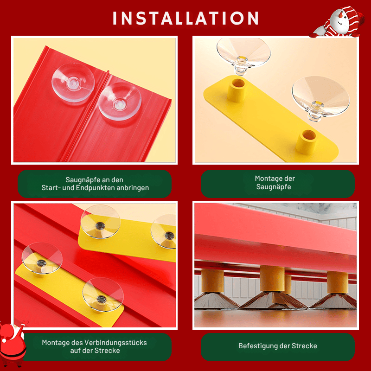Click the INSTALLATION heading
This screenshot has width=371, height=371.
pyautogui.click(x=185, y=18)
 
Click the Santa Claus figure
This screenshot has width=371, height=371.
pyautogui.click(x=13, y=343)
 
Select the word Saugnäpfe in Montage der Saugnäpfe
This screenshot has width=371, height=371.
pyautogui.click(x=274, y=187)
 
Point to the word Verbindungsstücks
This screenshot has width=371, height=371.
pyautogui.click(x=115, y=343)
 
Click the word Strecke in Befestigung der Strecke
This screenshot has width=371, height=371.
pyautogui.click(x=304, y=346)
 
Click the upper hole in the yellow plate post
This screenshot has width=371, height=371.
pyautogui.click(x=238, y=83)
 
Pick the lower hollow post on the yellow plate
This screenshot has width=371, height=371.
pyautogui.click(x=307, y=141)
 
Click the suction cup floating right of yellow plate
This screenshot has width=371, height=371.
pyautogui.click(x=320, y=98)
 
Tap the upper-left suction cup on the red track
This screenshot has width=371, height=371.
pyautogui.click(x=73, y=83)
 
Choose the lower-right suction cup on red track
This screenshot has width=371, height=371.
pyautogui.click(x=120, y=102)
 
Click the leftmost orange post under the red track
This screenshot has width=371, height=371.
pyautogui.click(x=212, y=281)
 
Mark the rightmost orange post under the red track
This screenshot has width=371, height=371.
pyautogui.click(x=338, y=282)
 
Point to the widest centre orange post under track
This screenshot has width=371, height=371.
pyautogui.click(x=272, y=278)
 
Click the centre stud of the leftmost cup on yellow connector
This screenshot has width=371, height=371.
pyautogui.click(x=41, y=262)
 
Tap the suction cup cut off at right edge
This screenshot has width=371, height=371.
pyautogui.click(x=164, y=232)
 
